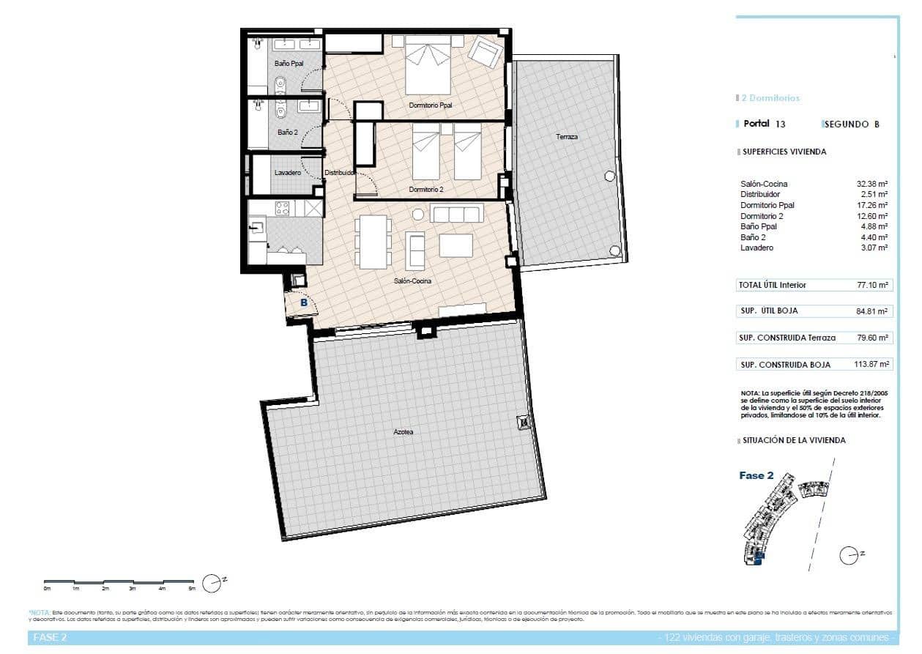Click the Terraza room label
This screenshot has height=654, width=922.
pos(566,137)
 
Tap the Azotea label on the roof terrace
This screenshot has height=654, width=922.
pos(403,432)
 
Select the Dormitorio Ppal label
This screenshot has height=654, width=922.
pos(431,105)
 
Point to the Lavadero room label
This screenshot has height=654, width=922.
pos(287,173)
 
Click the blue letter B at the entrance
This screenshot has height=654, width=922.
pos(303,301)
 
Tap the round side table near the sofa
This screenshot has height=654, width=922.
pos(418,215)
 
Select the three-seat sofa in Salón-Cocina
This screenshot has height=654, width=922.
pos(456,214)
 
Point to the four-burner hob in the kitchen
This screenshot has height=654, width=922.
pos(282,208)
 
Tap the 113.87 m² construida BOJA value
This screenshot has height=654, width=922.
pos(874,364)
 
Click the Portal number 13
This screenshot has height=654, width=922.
pos(781,125)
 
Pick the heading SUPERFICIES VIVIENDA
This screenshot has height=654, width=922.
pos(784,152)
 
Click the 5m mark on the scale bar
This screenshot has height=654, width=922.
pos(192,588)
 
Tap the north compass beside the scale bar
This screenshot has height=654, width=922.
pos(212,582)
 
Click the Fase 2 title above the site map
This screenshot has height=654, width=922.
pos(756,475)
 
